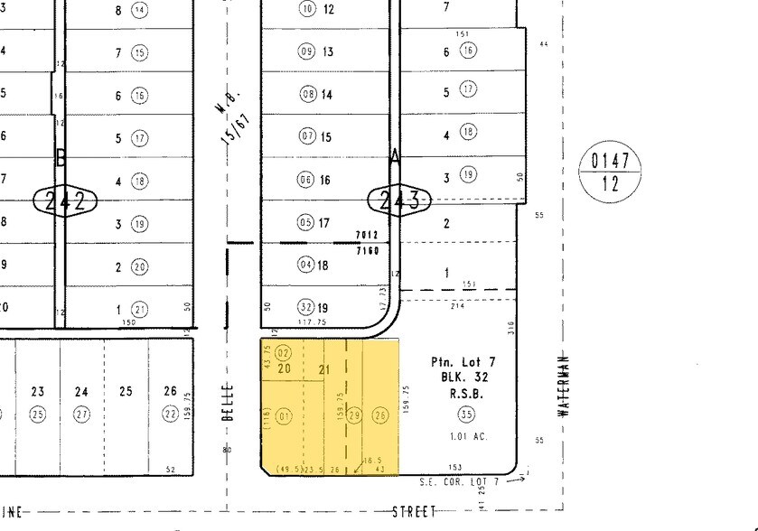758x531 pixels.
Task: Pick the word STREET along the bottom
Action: pyautogui.click(x=414, y=512)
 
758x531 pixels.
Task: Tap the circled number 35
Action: pyautogui.click(x=466, y=415)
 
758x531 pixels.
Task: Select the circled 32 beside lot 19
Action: pyautogui.click(x=307, y=309)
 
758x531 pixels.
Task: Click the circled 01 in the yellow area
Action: pyautogui.click(x=285, y=416)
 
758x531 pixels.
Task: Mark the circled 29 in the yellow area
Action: pyautogui.click(x=355, y=416)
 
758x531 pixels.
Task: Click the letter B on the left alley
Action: pyautogui.click(x=61, y=157)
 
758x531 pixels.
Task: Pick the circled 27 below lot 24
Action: pyautogui.click(x=82, y=414)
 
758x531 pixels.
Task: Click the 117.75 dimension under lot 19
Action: pyautogui.click(x=312, y=322)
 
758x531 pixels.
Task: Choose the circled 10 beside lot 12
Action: pyautogui.click(x=307, y=9)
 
